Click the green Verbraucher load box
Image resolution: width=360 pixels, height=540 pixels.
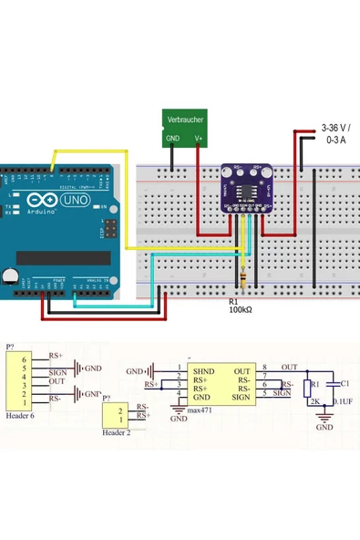(185, 128)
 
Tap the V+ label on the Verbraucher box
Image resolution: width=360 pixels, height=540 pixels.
(199, 140)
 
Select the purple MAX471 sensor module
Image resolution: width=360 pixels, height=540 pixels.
(246, 187)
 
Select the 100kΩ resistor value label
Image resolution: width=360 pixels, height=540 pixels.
(242, 310)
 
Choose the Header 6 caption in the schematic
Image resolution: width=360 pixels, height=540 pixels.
(19, 415)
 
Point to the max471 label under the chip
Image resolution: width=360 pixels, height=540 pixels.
(200, 411)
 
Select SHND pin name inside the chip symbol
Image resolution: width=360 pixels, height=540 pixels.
(202, 372)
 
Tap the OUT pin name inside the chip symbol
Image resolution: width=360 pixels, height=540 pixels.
(242, 372)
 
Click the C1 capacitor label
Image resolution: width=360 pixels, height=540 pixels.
(345, 384)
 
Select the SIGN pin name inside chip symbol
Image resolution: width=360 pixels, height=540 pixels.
(241, 397)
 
